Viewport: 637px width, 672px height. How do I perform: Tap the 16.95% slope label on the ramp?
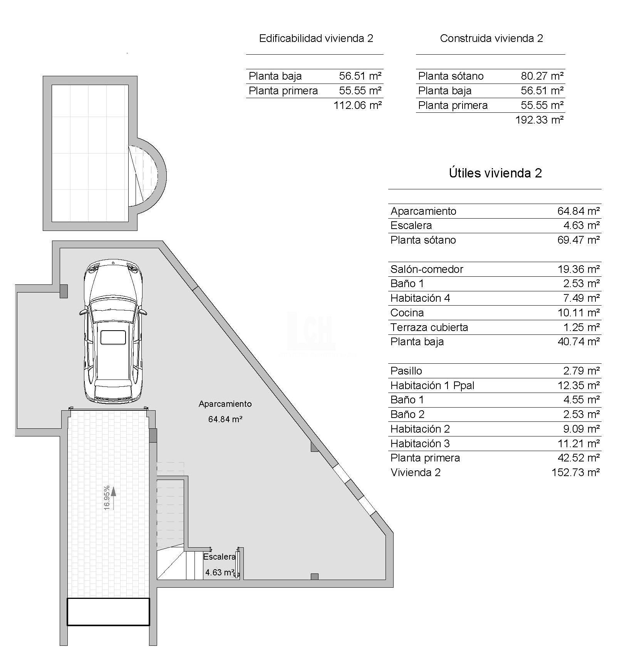coord(107,498)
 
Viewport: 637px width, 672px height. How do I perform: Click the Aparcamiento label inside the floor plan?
coord(225,404)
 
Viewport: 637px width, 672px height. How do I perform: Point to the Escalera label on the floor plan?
coord(219,557)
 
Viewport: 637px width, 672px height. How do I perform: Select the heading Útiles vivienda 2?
coord(495,173)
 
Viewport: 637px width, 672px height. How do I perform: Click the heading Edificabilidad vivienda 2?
coord(316,38)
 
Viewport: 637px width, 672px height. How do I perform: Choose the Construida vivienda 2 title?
coord(491,38)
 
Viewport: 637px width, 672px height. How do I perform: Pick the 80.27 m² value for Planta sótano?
coord(542,76)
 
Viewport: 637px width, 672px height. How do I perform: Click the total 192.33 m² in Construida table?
coord(539,120)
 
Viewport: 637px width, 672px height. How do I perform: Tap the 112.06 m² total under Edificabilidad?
coord(357,105)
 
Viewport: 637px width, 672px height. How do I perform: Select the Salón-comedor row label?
coord(427,269)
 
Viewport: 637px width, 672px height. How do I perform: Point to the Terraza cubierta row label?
coord(429,328)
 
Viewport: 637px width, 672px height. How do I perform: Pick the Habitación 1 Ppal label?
coord(432,385)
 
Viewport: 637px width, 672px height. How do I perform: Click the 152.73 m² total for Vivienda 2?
coord(575,472)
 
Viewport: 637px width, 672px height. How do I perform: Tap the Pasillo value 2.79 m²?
coord(581,371)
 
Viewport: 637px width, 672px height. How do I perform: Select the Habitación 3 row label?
coord(420,443)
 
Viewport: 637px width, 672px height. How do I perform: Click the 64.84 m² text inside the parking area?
coord(225,419)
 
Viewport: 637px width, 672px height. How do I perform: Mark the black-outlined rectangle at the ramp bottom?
coord(108,612)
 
